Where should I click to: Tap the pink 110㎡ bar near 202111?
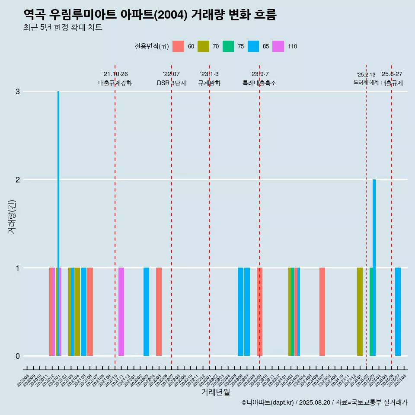pyautogui.click(x=121, y=312)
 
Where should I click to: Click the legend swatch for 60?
pyautogui.click(x=178, y=46)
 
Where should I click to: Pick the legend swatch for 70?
pyautogui.click(x=203, y=46)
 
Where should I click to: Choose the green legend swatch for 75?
pyautogui.click(x=228, y=46)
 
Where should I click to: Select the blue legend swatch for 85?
pyautogui.click(x=253, y=46)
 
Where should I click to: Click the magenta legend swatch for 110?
pyautogui.click(x=278, y=46)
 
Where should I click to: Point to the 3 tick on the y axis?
pyautogui.click(x=18, y=92)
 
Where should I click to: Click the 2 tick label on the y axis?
pyautogui.click(x=18, y=180)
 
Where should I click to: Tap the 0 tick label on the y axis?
pyautogui.click(x=18, y=356)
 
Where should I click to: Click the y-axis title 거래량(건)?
pyautogui.click(x=12, y=217)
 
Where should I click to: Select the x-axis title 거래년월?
pyautogui.click(x=215, y=392)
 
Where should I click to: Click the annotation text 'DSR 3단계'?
pyautogui.click(x=171, y=83)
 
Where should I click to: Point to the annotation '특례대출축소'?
pyautogui.click(x=259, y=83)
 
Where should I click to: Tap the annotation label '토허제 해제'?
pyautogui.click(x=366, y=82)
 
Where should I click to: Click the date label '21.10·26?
pyautogui.click(x=115, y=74)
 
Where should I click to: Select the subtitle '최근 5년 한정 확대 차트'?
pyautogui.click(x=63, y=28)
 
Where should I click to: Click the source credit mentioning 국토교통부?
pyautogui.click(x=324, y=403)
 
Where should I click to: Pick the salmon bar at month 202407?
pyautogui.click(x=322, y=312)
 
